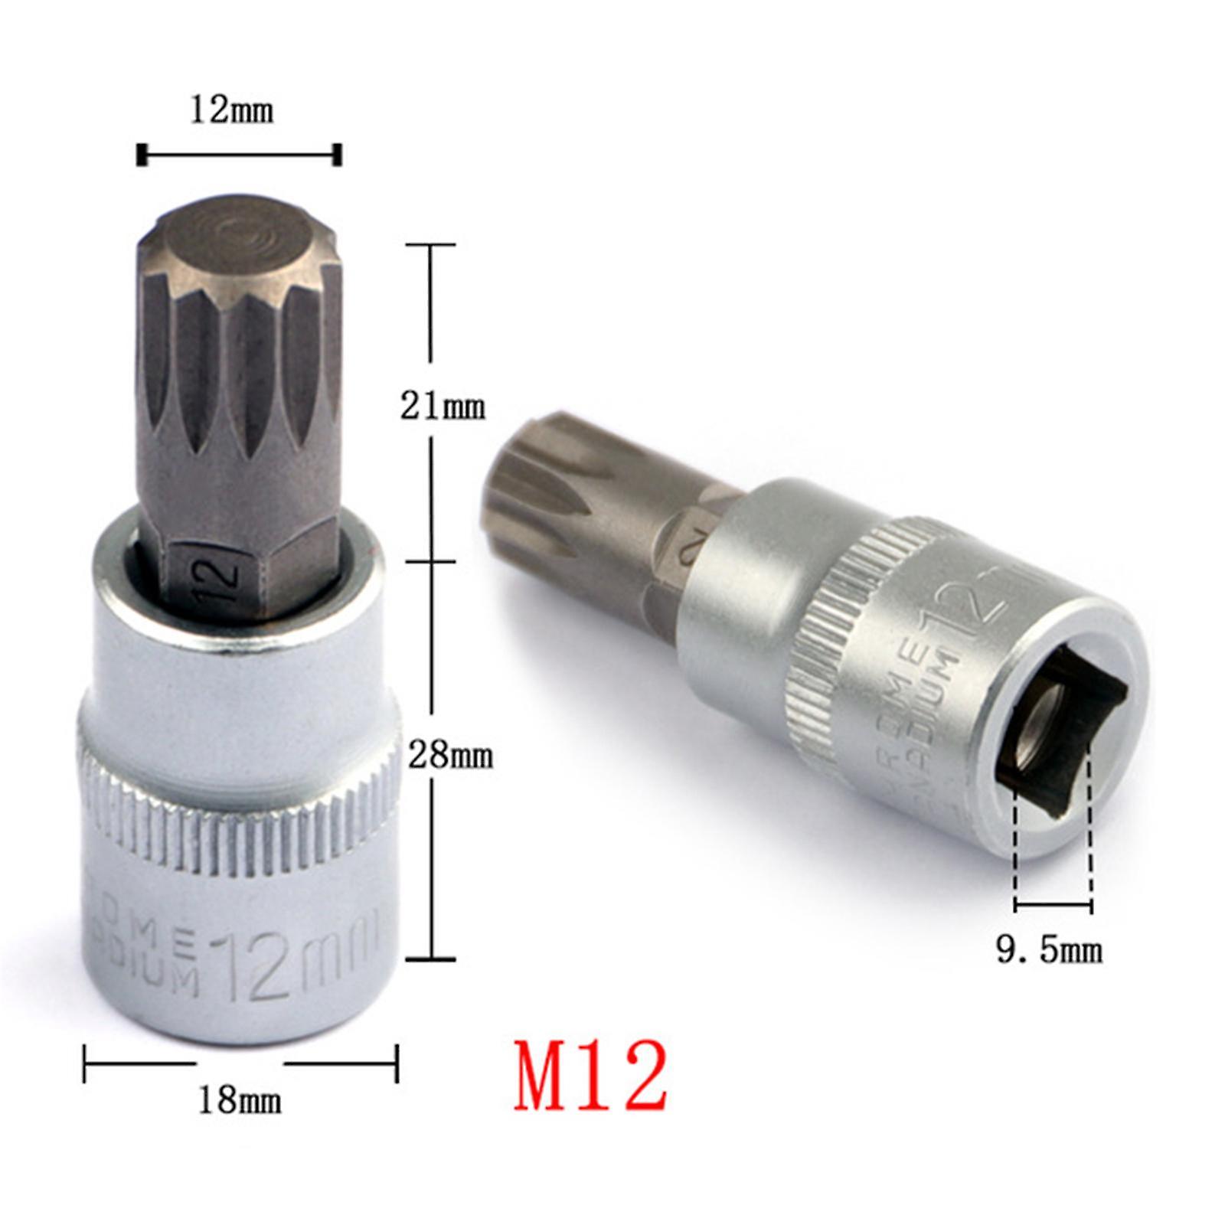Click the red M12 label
tap(590, 1076)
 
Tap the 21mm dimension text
tap(443, 407)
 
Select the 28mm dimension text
tap(449, 756)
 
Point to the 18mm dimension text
tap(240, 1101)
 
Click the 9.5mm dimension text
tap(1049, 950)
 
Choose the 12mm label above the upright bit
tap(231, 111)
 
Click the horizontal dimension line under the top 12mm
tap(238, 155)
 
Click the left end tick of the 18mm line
tap(85, 1063)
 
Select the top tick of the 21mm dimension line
tap(431, 245)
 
